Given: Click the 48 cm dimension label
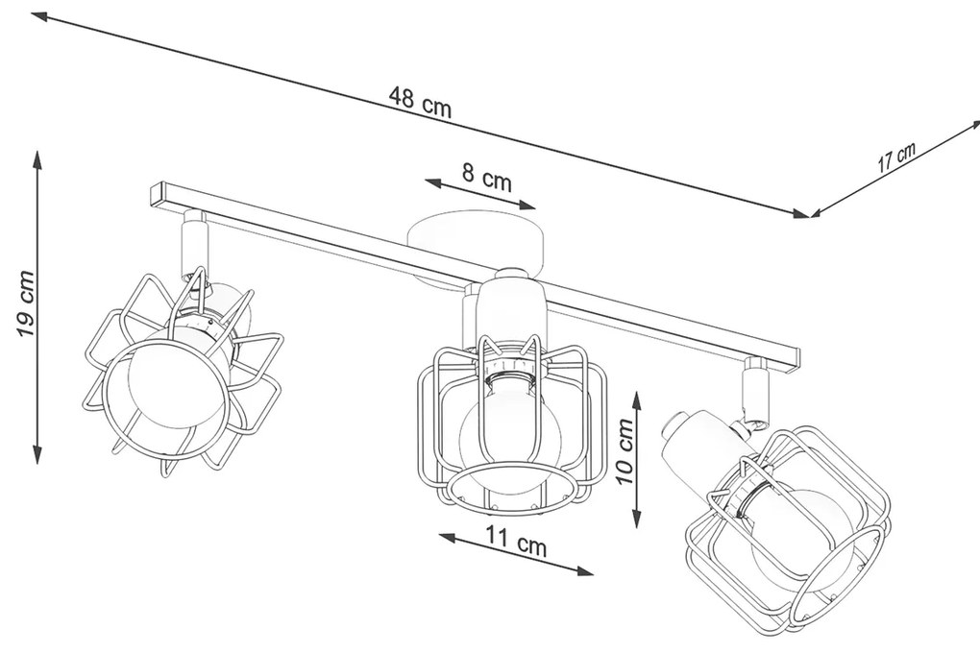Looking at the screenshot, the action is point(419,102).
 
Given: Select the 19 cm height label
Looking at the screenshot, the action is point(25,304).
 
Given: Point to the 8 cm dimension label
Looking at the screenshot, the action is point(486,178).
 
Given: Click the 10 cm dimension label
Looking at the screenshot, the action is point(624,451).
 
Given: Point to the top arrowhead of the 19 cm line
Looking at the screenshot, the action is point(37,160).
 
